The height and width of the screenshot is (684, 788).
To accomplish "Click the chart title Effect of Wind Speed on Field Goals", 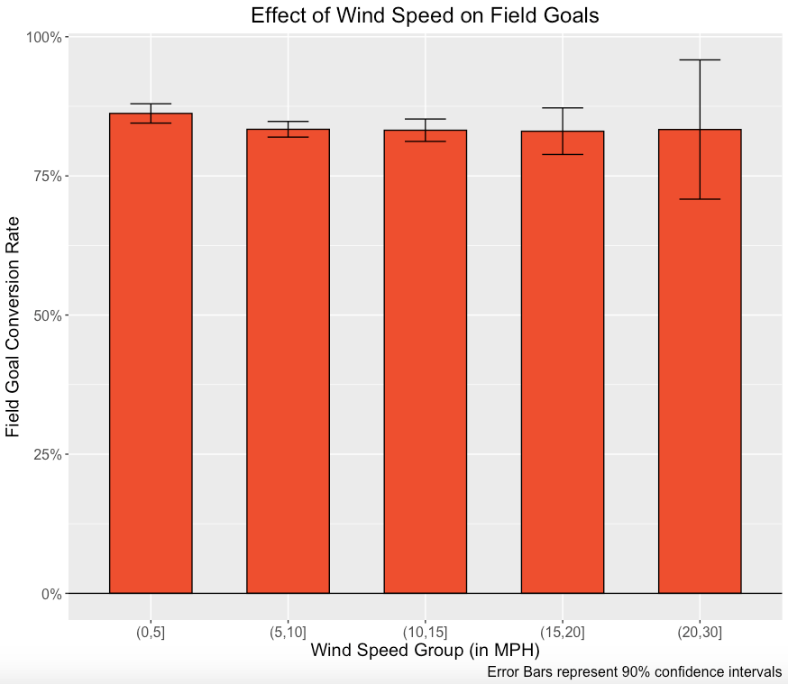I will [x=425, y=15].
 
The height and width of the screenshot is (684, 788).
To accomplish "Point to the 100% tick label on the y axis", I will [x=43, y=38].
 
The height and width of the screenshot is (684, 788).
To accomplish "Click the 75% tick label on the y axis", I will [x=46, y=177].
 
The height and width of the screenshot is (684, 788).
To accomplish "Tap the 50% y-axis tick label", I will [x=46, y=315].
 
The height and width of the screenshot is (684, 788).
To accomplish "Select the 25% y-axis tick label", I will [x=46, y=455].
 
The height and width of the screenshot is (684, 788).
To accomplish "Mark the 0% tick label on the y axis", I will [x=50, y=594].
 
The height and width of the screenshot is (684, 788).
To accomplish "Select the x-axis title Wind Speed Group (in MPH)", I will [x=425, y=650].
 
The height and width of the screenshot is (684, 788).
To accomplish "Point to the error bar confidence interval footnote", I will [x=634, y=672].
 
